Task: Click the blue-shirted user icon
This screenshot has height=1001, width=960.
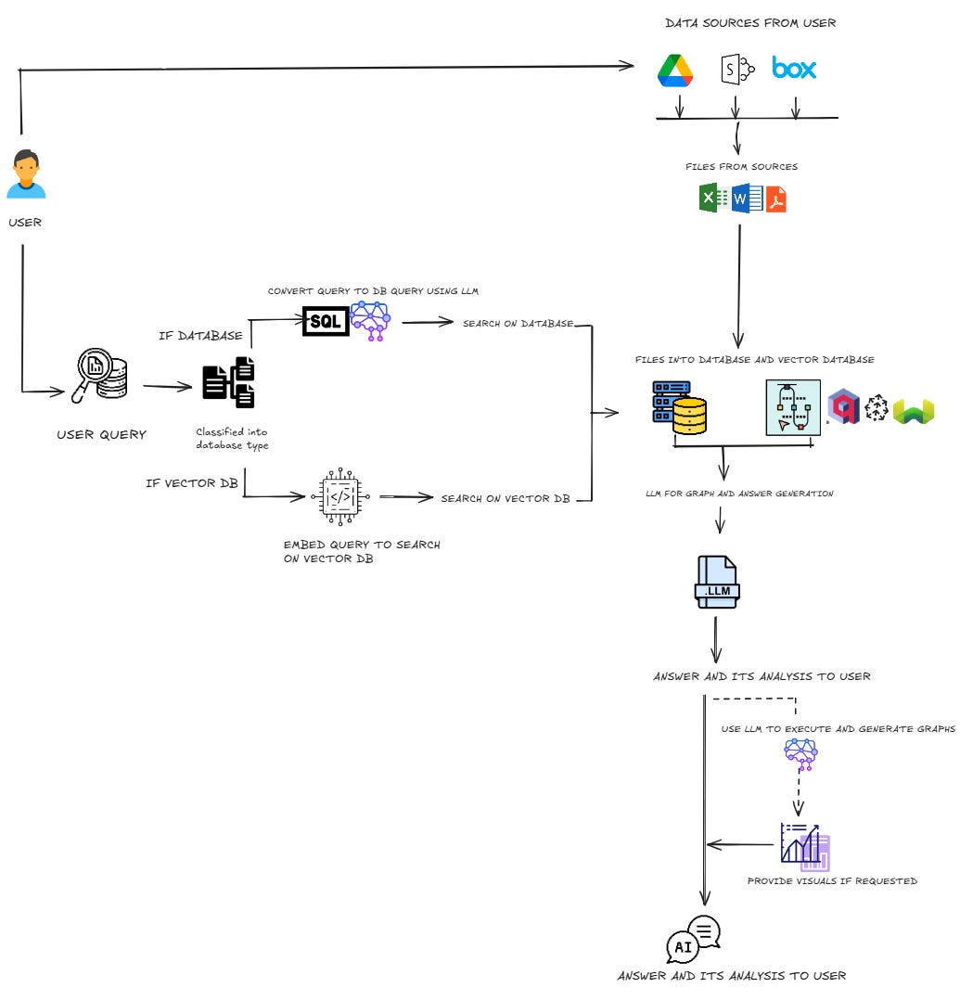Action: (26, 176)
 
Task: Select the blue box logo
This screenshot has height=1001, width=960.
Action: (794, 69)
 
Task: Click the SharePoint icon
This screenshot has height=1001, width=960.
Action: (737, 69)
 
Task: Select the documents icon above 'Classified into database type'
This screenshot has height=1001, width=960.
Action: (229, 381)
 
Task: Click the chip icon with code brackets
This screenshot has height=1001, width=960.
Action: (342, 496)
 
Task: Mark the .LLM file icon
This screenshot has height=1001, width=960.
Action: (717, 583)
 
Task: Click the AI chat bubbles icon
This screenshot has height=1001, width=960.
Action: (693, 940)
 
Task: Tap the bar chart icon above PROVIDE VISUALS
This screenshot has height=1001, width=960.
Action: (804, 844)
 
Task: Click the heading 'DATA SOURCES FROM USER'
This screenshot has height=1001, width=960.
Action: (750, 23)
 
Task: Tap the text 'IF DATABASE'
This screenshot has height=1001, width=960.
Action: (200, 335)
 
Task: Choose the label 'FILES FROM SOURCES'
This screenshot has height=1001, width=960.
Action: (742, 167)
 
